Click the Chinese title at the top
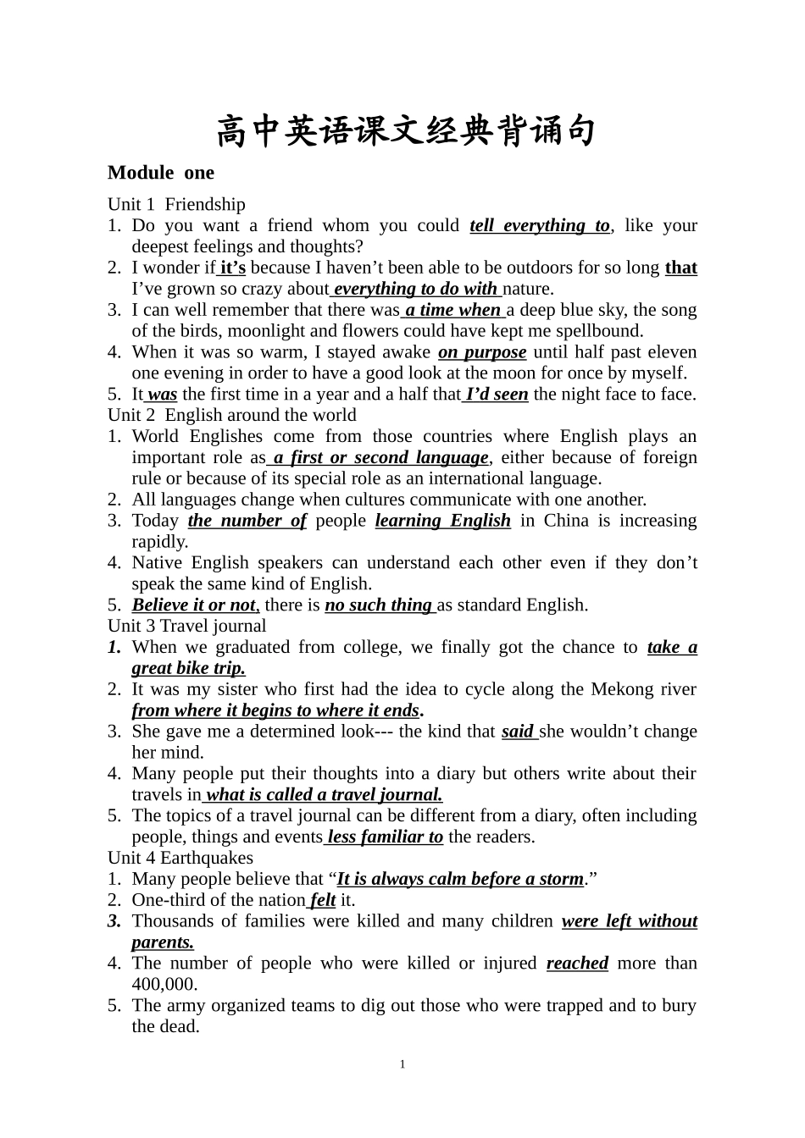406,132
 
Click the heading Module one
161,173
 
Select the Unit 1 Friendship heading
176,204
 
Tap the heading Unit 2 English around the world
231,415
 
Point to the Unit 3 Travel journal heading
186,626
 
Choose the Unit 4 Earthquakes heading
180,858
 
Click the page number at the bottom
402,1064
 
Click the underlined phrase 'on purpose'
482,352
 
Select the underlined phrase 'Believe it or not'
194,605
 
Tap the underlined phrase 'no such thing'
378,605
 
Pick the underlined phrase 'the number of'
247,521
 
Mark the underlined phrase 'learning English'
443,521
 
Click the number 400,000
164,984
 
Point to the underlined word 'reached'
577,964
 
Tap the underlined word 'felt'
323,900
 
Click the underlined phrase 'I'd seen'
497,394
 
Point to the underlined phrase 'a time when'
452,310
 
